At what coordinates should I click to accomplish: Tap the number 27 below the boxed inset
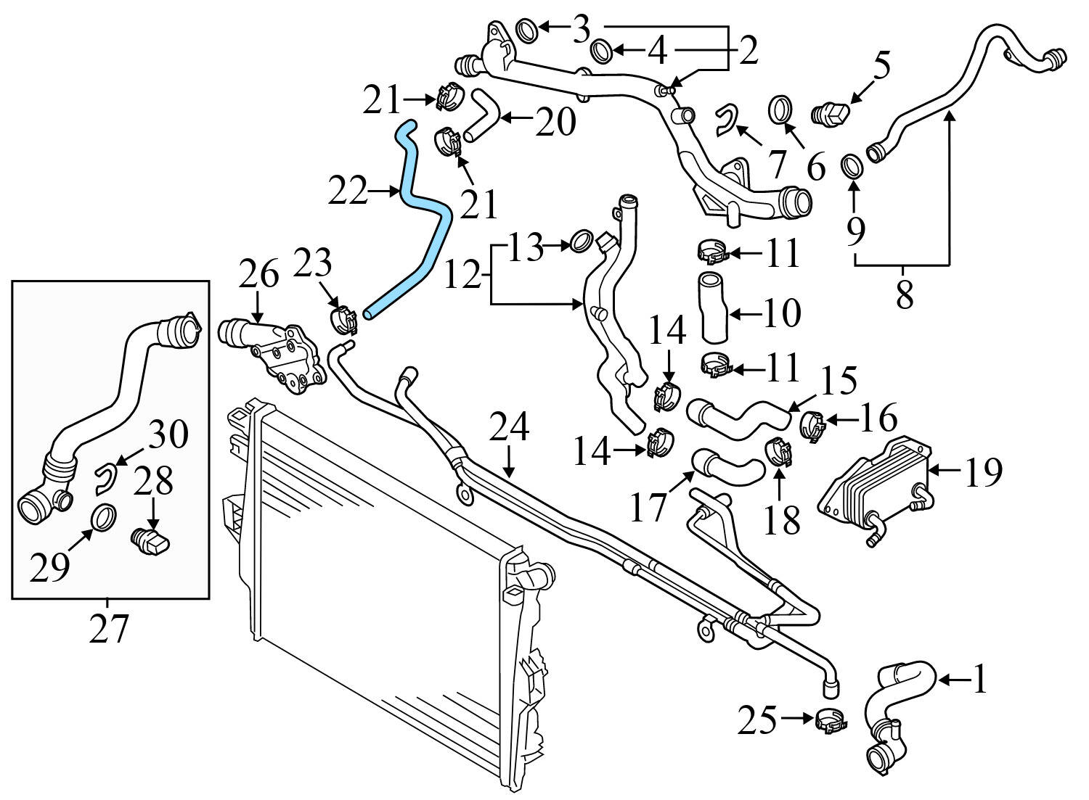tap(109, 627)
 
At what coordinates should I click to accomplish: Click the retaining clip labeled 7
tap(726, 120)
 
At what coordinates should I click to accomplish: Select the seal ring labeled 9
tap(852, 166)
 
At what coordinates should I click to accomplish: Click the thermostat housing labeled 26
tap(272, 352)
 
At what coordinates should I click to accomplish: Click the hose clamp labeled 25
tap(830, 720)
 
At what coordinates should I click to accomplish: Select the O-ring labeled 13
tap(581, 241)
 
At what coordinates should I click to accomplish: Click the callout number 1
tap(979, 680)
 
